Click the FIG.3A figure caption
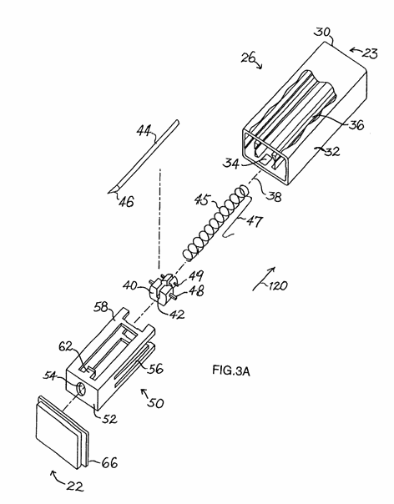(x=231, y=370)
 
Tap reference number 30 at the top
(x=322, y=33)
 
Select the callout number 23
(x=369, y=53)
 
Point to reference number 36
(x=356, y=124)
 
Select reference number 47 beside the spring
(x=255, y=222)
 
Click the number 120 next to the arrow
(x=278, y=285)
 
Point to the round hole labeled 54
(x=81, y=390)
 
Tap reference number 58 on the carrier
(x=101, y=307)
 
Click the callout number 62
(x=66, y=347)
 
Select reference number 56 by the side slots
(x=154, y=368)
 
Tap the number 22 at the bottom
(x=74, y=486)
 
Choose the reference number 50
(x=155, y=402)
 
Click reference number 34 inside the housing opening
(x=231, y=164)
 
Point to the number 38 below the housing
(x=274, y=195)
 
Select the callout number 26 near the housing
(x=248, y=58)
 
